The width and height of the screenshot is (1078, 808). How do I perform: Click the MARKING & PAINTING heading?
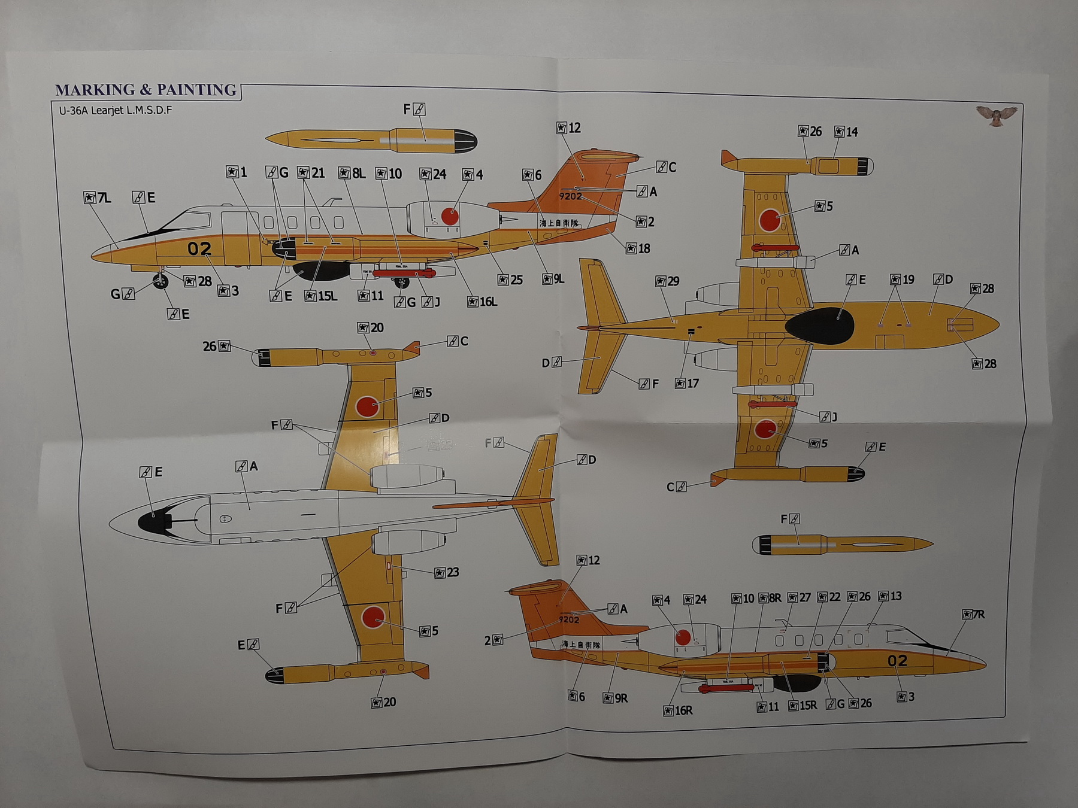click(146, 90)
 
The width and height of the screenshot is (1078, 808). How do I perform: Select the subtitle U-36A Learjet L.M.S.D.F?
click(116, 110)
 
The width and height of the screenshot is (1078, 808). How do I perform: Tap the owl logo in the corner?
click(996, 116)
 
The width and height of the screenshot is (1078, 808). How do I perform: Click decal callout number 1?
click(237, 172)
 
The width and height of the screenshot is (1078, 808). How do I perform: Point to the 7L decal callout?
click(98, 198)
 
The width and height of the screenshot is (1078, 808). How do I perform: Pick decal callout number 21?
click(311, 173)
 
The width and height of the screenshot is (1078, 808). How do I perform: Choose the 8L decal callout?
click(352, 173)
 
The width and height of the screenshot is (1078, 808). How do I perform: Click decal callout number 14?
click(846, 132)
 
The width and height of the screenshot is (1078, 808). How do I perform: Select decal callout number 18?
click(638, 248)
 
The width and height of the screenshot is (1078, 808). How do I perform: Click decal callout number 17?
click(687, 383)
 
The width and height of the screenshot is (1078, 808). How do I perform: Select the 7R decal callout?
click(973, 615)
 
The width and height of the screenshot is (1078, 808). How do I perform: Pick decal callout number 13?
click(890, 596)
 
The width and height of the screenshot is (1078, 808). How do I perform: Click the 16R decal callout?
click(678, 710)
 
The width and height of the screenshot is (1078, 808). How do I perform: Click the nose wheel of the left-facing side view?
click(161, 281)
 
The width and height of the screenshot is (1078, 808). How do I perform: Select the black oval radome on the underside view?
click(819, 327)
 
